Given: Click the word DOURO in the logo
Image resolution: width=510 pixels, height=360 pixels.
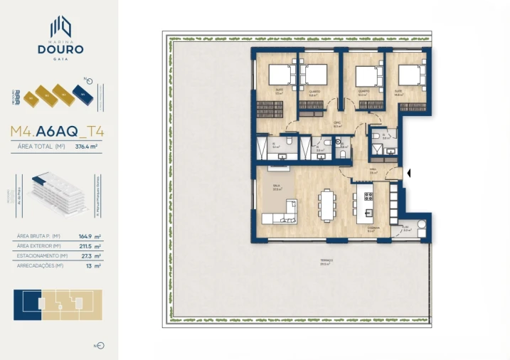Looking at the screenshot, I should point(60,50).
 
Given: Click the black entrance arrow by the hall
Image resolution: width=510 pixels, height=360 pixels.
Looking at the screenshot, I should point(408,172).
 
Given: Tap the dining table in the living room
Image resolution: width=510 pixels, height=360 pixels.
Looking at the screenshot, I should point(326,204).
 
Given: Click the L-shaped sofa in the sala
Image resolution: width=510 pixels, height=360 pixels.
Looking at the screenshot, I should point(283,214).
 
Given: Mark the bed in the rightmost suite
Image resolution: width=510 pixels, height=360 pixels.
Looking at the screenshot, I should point(410,74).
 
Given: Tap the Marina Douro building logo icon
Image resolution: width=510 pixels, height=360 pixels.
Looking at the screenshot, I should point(60,27).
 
